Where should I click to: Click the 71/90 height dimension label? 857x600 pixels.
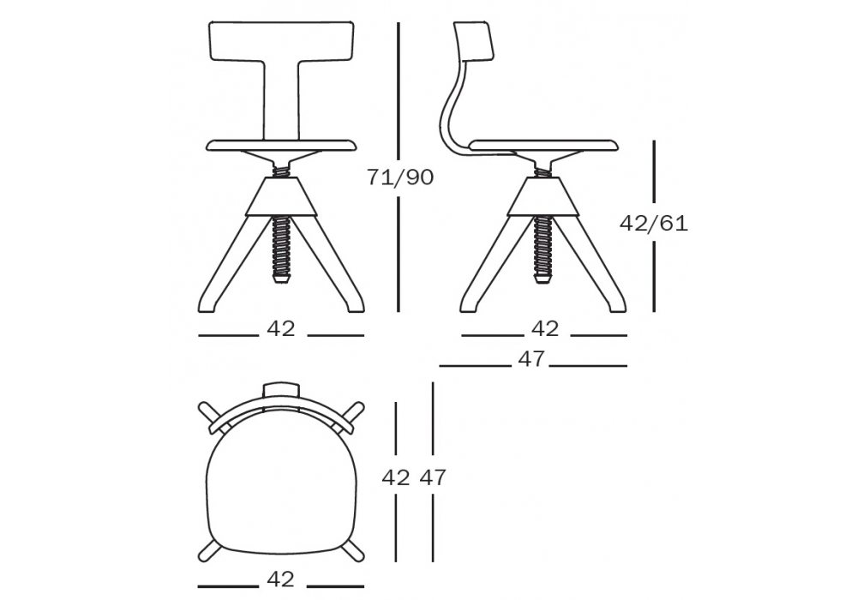pyautogui.click(x=400, y=177)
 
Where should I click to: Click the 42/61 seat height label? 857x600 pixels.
pyautogui.click(x=654, y=224)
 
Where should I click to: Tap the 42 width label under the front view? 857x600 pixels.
pyautogui.click(x=281, y=328)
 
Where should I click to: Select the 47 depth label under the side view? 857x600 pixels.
pyautogui.click(x=531, y=359)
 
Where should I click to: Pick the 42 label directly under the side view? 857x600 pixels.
pyautogui.click(x=545, y=328)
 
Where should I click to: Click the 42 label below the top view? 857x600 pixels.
pyautogui.click(x=281, y=579)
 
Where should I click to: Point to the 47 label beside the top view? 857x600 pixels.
pyautogui.click(x=433, y=477)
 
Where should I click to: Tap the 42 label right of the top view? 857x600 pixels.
pyautogui.click(x=396, y=477)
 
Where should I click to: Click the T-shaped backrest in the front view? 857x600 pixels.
pyautogui.click(x=281, y=41)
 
